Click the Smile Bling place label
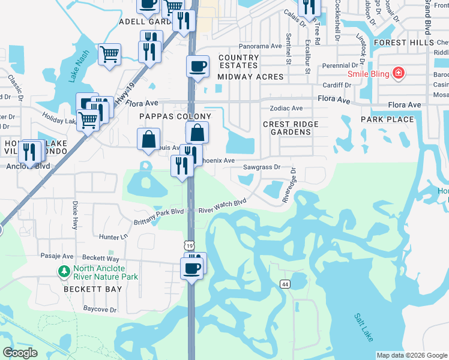coord(369,74)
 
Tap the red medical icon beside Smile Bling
coord(397,74)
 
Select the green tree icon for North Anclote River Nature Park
coord(64,272)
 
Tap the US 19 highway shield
coord(190,246)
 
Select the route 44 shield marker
coord(285,283)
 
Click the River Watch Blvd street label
coord(223,206)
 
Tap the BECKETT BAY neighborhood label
coord(93,289)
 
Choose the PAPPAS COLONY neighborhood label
coord(175,116)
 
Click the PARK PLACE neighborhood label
coord(387,119)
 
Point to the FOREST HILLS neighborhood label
coord(403,43)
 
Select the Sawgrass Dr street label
coord(262,167)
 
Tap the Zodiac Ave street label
coord(286,109)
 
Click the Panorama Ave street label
coord(260,46)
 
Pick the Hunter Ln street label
coord(114,237)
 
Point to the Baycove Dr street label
coord(100,310)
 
